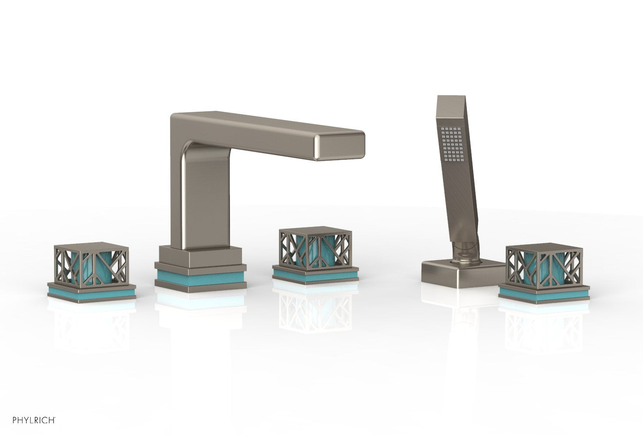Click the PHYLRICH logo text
(30, 419)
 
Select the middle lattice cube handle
(315, 252)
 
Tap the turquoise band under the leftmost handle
(91, 293)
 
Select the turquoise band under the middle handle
(315, 275)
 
